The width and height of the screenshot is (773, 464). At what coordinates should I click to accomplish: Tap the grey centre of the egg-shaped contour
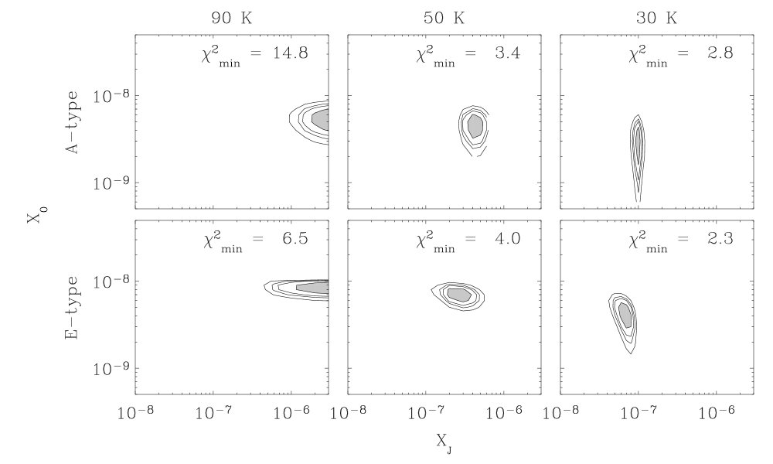(x=475, y=125)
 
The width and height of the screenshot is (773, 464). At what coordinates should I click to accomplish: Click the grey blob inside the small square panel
(x=458, y=294)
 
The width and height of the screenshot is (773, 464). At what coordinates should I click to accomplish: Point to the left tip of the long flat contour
(x=265, y=287)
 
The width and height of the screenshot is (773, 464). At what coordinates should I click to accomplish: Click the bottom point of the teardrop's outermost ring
(x=632, y=353)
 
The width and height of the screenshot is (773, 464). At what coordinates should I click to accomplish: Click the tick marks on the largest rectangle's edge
(x=752, y=96)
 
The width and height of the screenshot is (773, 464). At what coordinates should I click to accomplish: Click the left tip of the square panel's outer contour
(x=432, y=290)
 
